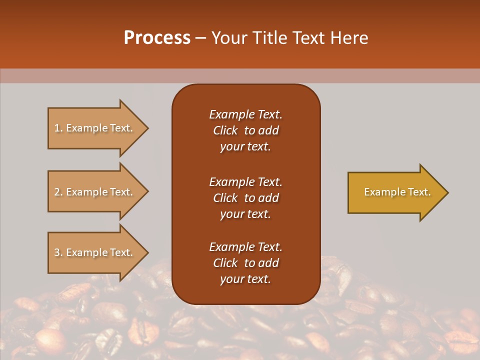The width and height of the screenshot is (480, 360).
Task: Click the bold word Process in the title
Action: [157, 38]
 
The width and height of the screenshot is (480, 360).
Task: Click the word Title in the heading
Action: [270, 38]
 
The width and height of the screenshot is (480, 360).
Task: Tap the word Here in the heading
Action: [349, 38]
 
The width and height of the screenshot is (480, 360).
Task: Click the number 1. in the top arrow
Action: [58, 128]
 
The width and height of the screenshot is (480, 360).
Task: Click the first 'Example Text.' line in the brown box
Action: [245, 114]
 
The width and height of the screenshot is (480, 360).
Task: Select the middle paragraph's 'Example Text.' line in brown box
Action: [245, 181]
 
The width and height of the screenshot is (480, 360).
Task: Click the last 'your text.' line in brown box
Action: [245, 279]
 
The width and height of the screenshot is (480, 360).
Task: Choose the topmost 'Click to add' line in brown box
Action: [245, 130]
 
